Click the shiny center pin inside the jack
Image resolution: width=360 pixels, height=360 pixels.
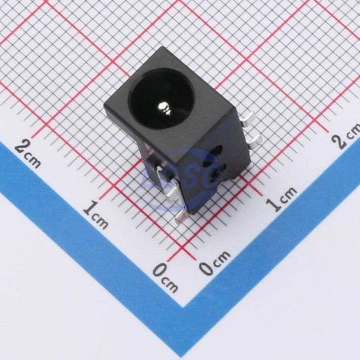[164, 108]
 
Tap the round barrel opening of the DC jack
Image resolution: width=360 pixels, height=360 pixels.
[162, 99]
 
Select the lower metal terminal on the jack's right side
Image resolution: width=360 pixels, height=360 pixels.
[255, 141]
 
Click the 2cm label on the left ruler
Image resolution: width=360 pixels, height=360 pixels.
[28, 153]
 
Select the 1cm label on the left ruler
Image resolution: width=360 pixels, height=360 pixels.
[96, 214]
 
